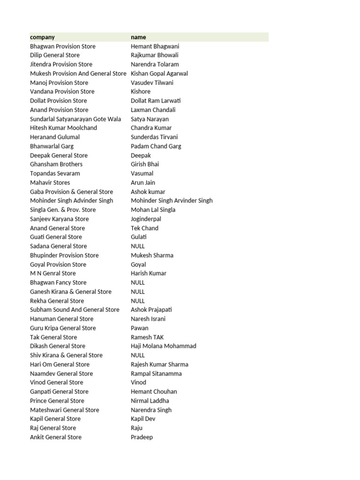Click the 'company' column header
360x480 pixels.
pyautogui.click(x=42, y=37)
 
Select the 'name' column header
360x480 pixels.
pyautogui.click(x=138, y=37)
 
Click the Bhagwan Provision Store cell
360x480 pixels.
pyautogui.click(x=62, y=46)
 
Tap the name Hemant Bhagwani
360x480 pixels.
pyautogui.click(x=155, y=46)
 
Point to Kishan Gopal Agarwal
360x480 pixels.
pyautogui.click(x=159, y=74)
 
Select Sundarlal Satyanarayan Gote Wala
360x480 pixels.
pyautogui.click(x=75, y=119)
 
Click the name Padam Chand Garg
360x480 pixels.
pyautogui.click(x=156, y=146)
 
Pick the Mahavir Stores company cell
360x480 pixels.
pyautogui.click(x=50, y=183)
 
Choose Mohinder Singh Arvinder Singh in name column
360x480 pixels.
pyautogui.click(x=172, y=201)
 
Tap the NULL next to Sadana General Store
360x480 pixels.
pyautogui.click(x=138, y=246)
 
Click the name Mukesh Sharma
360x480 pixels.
pyautogui.click(x=152, y=255)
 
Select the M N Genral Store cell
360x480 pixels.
pyautogui.click(x=52, y=273)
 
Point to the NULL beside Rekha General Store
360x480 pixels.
pyautogui.click(x=138, y=301)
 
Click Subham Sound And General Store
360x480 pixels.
pyautogui.click(x=75, y=310)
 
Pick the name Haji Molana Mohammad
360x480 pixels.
pyautogui.click(x=163, y=346)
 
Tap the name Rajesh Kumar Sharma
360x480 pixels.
pyautogui.click(x=159, y=364)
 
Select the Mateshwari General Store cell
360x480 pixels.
pyautogui.click(x=64, y=410)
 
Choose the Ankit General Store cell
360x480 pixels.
pyautogui.click(x=55, y=437)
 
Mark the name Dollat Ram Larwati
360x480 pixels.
pyautogui.click(x=156, y=101)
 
